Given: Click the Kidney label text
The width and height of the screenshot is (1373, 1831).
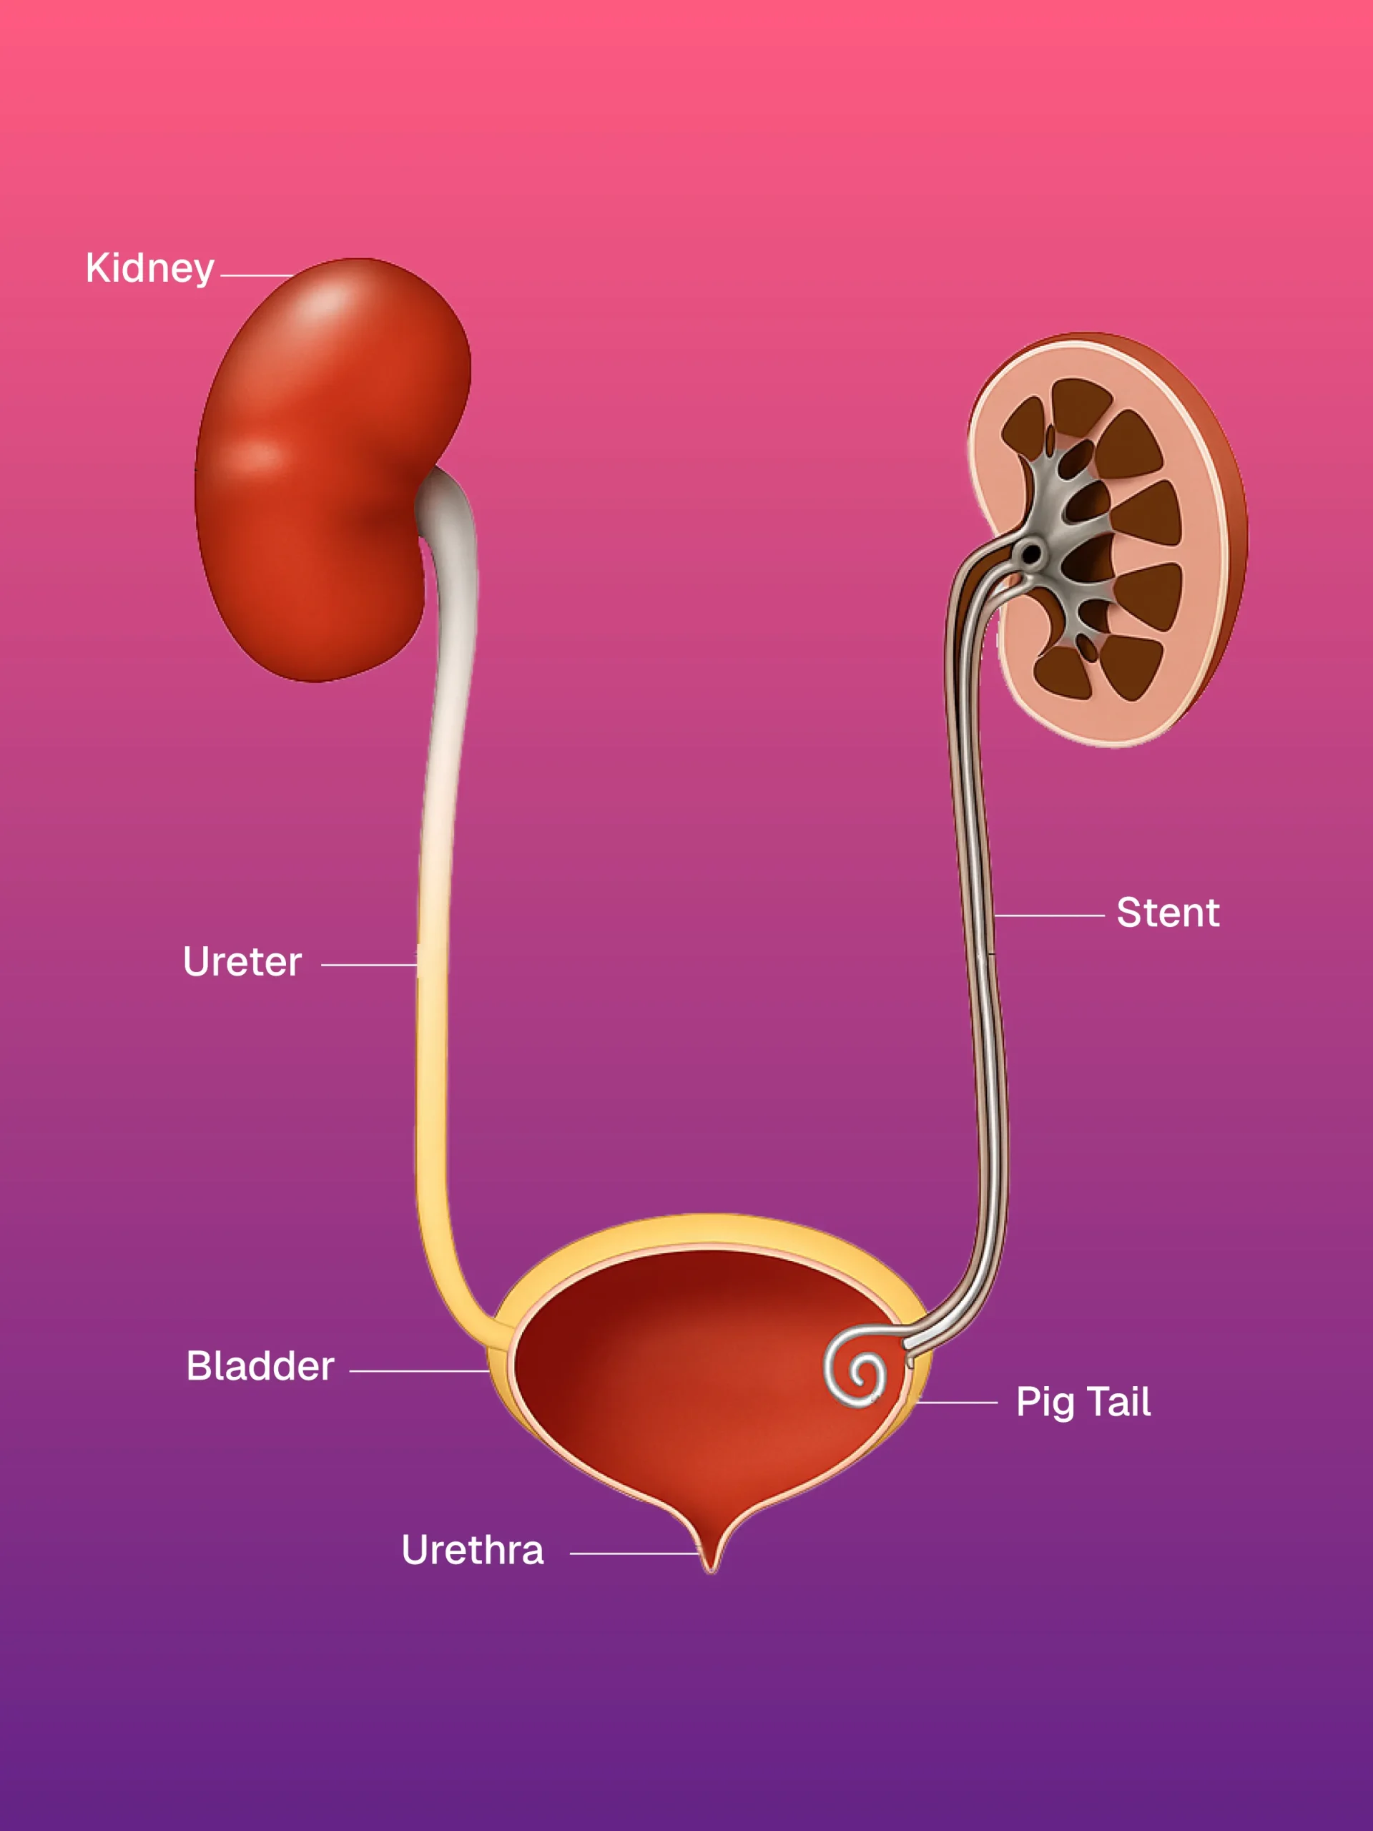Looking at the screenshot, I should tap(149, 268).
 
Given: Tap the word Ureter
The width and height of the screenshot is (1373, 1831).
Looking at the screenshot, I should tap(242, 962).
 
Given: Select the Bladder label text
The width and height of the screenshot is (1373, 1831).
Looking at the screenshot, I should tap(260, 1366).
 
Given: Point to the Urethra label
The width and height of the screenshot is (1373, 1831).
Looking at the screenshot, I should tap(473, 1550).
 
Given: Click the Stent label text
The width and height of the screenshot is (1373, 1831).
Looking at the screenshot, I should tap(1168, 913).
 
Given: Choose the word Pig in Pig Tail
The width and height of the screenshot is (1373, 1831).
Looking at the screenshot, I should tap(1045, 1403).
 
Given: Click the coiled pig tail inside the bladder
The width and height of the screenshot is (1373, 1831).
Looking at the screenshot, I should tap(858, 1374).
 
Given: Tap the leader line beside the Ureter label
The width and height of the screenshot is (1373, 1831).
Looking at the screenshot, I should tap(368, 965).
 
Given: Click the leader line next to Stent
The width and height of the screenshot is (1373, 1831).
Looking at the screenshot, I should tap(1048, 915).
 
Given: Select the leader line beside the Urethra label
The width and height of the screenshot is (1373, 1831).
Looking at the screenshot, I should tap(633, 1553).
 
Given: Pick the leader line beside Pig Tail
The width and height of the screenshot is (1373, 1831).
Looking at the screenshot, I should tap(957, 1403).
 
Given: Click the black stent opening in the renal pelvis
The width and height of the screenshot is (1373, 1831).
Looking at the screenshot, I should tap(1031, 552).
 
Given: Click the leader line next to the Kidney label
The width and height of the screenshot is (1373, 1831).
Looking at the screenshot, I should tap(257, 275).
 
